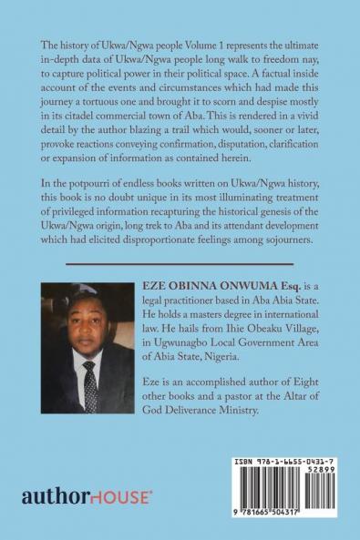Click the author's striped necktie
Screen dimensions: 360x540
[x=90, y=372]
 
